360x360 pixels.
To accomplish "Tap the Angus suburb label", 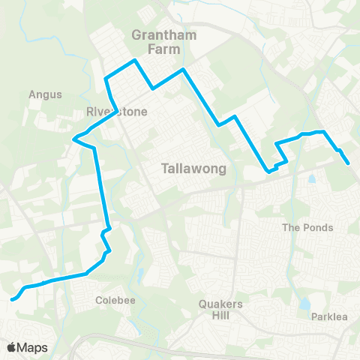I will click(44, 95).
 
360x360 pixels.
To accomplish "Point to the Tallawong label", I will click(184, 169).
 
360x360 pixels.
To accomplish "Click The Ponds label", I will click(307, 227).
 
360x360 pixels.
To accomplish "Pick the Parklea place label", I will click(330, 317).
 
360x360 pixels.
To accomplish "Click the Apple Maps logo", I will click(27, 347).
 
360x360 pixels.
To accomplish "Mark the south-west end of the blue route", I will click(13, 299).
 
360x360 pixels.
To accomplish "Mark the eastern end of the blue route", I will click(349, 163).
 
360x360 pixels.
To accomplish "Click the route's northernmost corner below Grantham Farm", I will click(134, 60).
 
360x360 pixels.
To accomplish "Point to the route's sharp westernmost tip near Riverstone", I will click(73, 138).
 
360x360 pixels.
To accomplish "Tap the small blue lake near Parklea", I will click(304, 305).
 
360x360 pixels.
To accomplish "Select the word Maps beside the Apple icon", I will click(34, 347).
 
